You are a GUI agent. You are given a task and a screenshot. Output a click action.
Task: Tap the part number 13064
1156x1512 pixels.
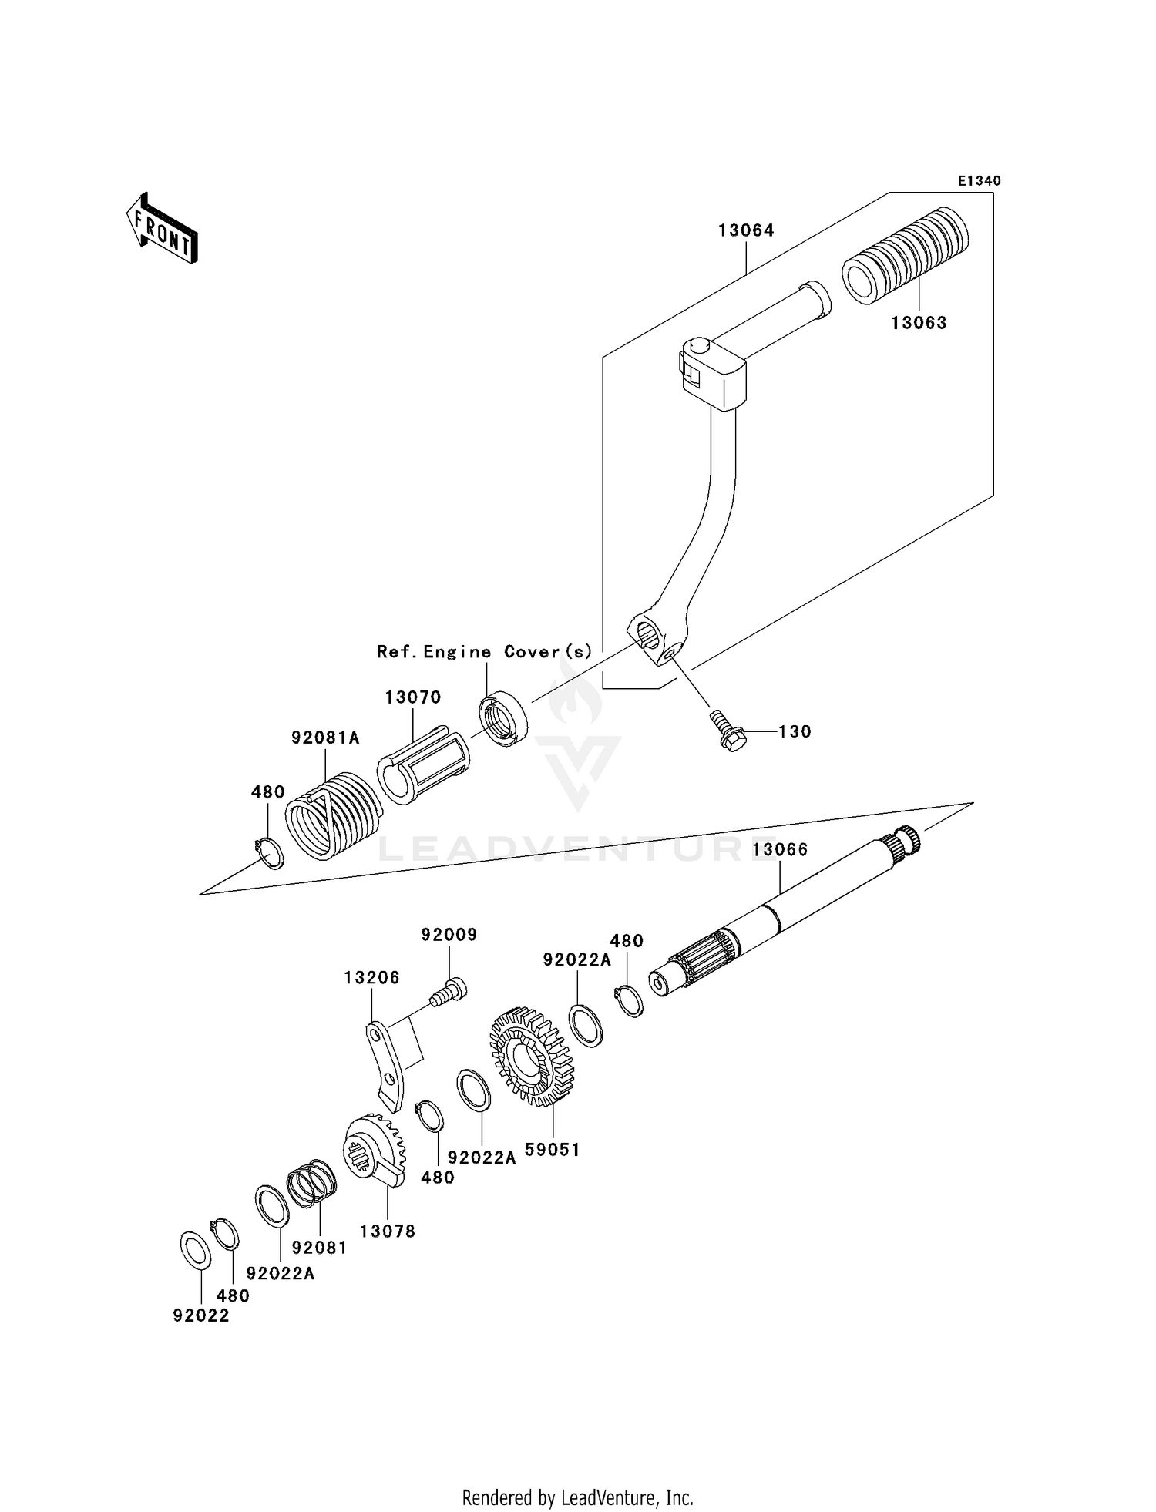pos(745,230)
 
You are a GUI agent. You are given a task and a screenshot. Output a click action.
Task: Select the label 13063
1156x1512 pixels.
pos(919,323)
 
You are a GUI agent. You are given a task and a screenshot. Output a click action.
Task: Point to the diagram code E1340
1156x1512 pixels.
pos(979,181)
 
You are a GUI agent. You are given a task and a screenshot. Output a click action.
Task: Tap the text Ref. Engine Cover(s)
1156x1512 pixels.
pos(485,652)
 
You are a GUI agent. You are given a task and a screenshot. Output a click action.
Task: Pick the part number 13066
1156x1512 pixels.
pos(780,850)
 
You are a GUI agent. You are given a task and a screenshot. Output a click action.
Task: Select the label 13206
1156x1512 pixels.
pos(371,978)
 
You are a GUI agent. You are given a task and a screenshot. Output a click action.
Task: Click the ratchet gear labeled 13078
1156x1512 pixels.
pos(375,1153)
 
